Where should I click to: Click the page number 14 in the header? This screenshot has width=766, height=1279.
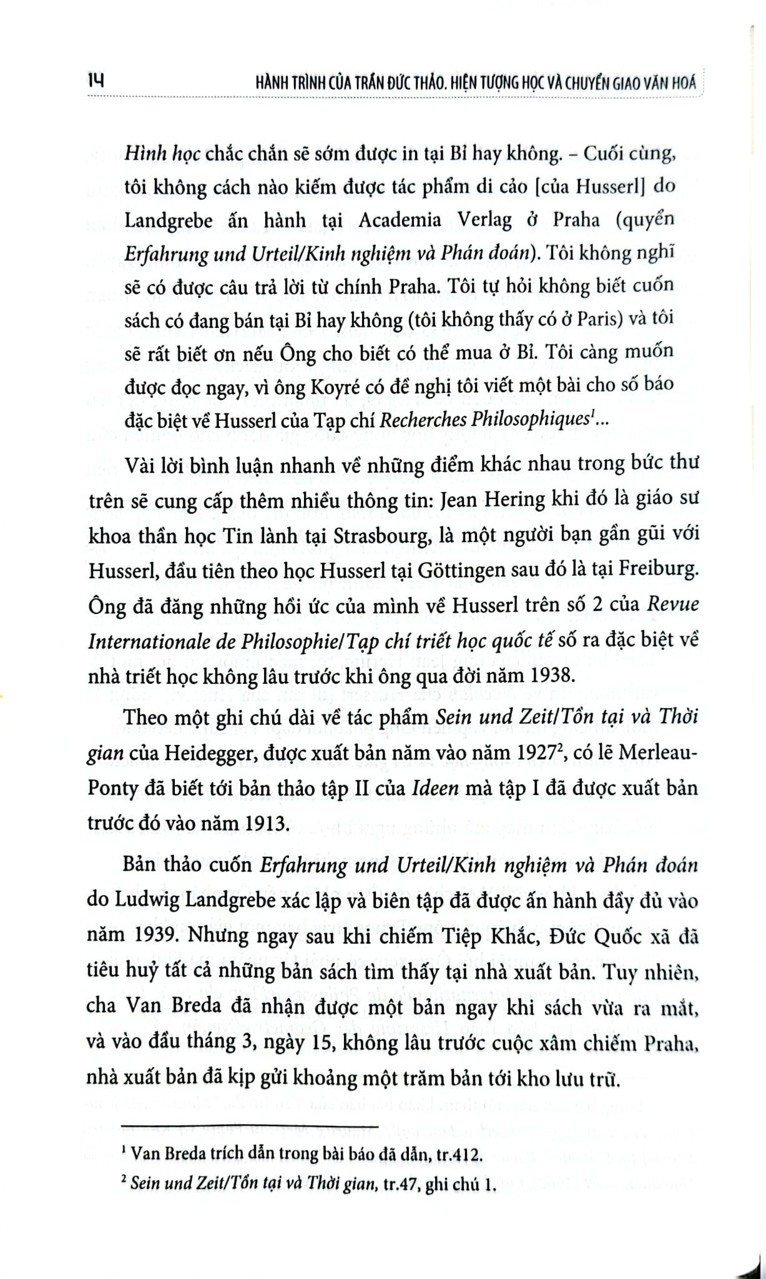97,81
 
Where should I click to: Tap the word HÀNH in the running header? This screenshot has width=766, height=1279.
277,84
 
